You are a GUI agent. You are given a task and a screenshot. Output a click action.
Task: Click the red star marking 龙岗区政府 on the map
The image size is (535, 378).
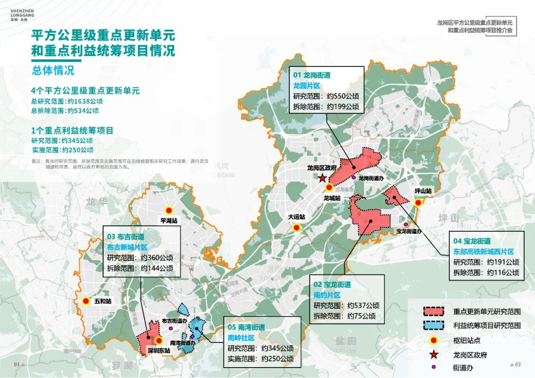322,178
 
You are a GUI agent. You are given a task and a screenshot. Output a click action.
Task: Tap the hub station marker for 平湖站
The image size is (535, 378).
168,210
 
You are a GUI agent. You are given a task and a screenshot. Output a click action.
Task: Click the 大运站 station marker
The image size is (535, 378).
297,228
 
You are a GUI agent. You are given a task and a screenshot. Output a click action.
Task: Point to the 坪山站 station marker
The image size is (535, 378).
418,202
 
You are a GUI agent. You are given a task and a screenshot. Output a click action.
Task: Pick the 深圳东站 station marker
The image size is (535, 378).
159,341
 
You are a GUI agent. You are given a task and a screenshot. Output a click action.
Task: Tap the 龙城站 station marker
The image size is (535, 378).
329,188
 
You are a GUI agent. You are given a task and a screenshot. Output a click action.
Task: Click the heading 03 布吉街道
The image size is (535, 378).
125,237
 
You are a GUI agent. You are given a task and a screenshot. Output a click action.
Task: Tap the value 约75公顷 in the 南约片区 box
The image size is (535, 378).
361,316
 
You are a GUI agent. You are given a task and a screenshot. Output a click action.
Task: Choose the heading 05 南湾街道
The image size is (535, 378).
246,327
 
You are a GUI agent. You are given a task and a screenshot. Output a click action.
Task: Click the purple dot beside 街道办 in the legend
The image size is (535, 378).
434,367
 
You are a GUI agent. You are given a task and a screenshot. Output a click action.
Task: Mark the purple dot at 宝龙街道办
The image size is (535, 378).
406,224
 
